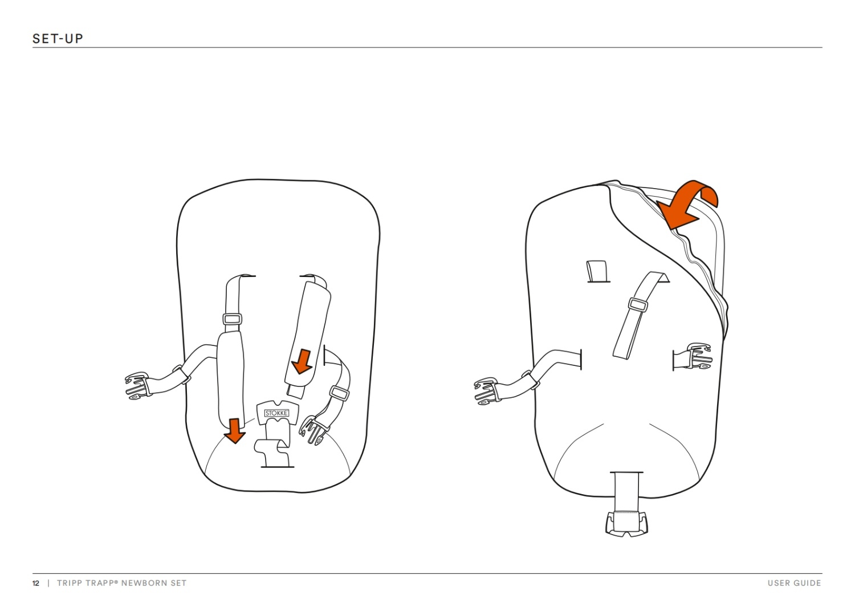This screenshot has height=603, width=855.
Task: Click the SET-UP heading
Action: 58,39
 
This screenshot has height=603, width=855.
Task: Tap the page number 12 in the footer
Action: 36,583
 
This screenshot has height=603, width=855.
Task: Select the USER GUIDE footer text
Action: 794,583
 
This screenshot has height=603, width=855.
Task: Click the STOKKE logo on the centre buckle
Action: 276,413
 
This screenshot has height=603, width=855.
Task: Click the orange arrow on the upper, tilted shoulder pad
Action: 301,362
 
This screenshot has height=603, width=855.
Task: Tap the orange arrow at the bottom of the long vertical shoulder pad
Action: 234,431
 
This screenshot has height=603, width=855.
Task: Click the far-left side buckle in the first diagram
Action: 137,386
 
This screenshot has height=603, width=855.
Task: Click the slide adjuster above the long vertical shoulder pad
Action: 232,319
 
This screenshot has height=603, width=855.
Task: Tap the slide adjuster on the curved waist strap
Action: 339,393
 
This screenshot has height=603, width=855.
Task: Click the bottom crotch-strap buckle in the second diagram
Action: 626,524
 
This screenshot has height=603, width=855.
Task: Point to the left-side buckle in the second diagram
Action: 486,391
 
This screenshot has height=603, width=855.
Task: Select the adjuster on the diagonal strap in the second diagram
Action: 638,304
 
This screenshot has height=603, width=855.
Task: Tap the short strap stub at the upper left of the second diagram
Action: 597,271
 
